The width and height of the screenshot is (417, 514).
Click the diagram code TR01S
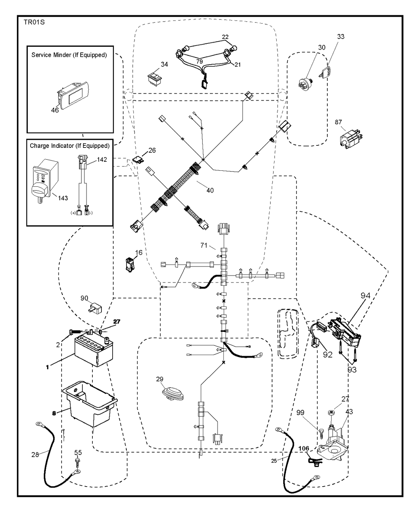click(34, 23)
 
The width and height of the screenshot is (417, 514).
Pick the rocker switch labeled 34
click(155, 79)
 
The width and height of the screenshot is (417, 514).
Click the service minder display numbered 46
click(73, 95)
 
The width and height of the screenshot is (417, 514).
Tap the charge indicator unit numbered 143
click(45, 181)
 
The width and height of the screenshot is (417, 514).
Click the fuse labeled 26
click(138, 160)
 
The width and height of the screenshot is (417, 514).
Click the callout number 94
click(366, 295)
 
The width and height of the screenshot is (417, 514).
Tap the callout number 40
click(210, 191)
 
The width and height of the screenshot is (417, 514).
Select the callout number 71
click(204, 245)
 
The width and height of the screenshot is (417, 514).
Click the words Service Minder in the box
click(51, 55)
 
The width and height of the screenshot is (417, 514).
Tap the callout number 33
click(341, 37)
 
